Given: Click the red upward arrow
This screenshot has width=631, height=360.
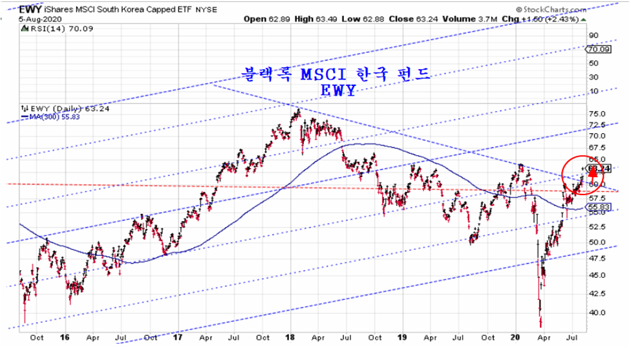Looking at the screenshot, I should pos(591,173).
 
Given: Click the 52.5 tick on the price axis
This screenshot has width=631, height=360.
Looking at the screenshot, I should pos(599,227).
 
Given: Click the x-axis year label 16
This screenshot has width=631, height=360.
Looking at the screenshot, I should pos(65,337).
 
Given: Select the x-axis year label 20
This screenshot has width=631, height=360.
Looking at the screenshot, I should pos(516,337).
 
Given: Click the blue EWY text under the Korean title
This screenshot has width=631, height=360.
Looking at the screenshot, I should pos(337,91).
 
